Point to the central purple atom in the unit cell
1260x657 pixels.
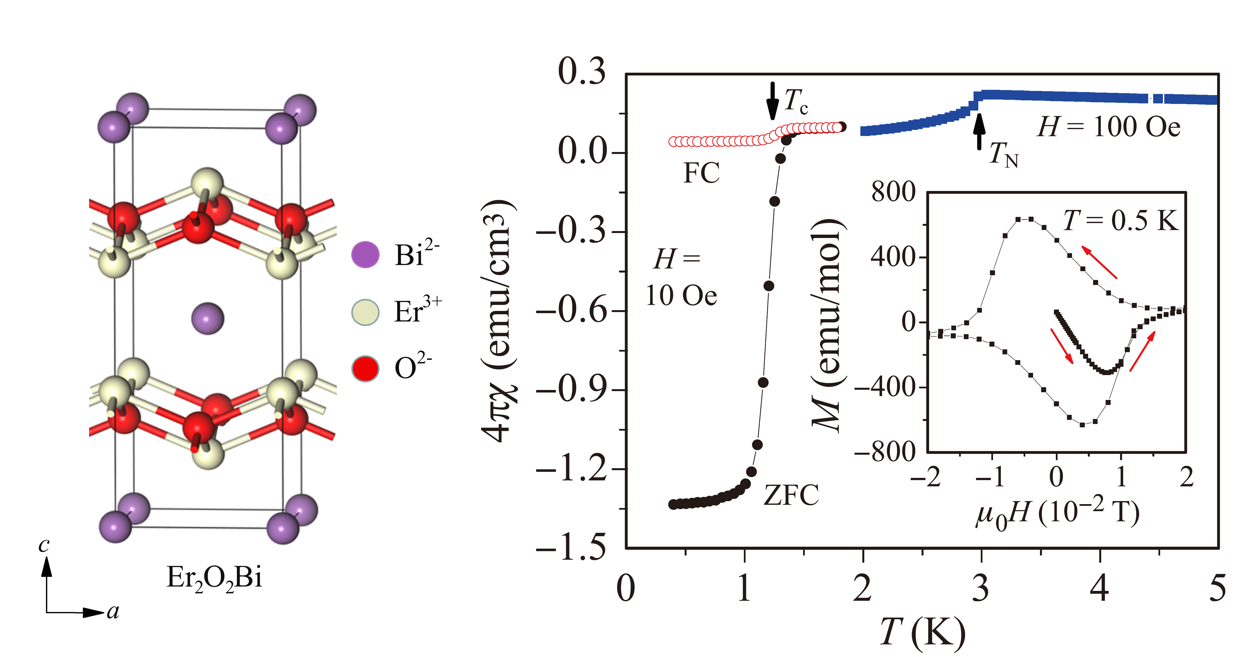click(207, 318)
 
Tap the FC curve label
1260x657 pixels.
click(701, 173)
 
